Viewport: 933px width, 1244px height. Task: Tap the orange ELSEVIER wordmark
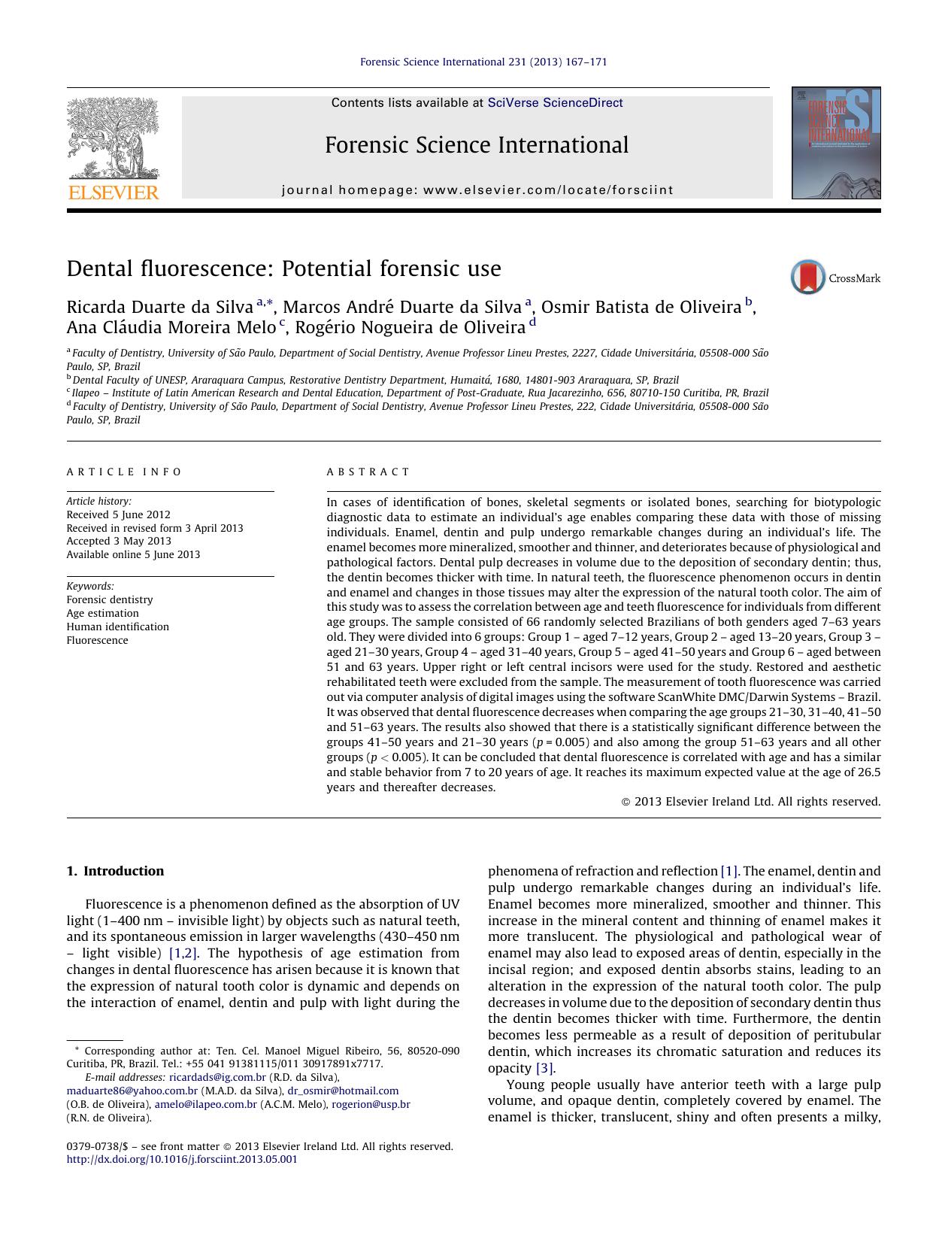(114, 193)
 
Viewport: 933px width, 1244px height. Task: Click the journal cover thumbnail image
(835, 143)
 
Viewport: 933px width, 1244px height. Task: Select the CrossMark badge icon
(808, 278)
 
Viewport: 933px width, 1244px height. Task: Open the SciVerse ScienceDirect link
(555, 103)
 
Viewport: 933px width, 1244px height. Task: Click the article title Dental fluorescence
(283, 269)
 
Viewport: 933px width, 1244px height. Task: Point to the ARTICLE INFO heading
(124, 472)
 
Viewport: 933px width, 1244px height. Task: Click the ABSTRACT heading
(368, 472)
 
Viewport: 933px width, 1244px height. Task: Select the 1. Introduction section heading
(115, 871)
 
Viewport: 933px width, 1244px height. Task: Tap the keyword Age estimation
(102, 613)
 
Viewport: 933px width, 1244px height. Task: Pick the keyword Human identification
(117, 627)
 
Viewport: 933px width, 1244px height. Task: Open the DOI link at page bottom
(182, 1159)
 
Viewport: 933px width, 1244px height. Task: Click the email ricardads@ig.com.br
(217, 1077)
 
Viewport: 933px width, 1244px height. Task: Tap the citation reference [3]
(544, 1068)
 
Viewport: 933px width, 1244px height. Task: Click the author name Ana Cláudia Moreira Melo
(171, 327)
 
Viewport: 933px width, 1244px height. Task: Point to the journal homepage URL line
(477, 190)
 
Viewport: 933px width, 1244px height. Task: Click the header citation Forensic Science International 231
(483, 62)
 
